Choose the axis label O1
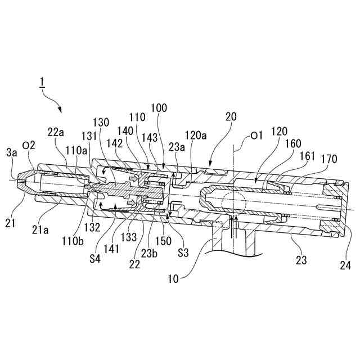[x=256, y=136]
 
